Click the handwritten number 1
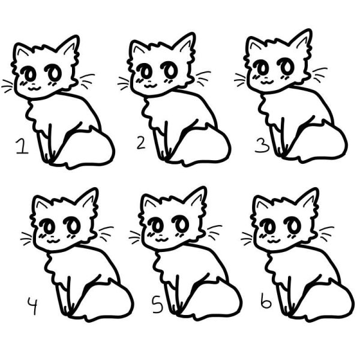pyautogui.click(x=22, y=146)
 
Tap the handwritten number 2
pyautogui.click(x=141, y=143)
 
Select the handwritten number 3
pyautogui.click(x=262, y=146)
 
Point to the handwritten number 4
pyautogui.click(x=32, y=305)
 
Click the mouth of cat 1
pyautogui.click(x=34, y=88)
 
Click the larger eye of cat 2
pyautogui.click(x=169, y=68)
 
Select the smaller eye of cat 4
pyautogui.click(x=48, y=226)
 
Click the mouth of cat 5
pyautogui.click(x=162, y=240)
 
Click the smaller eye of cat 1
pyautogui.click(x=29, y=73)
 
